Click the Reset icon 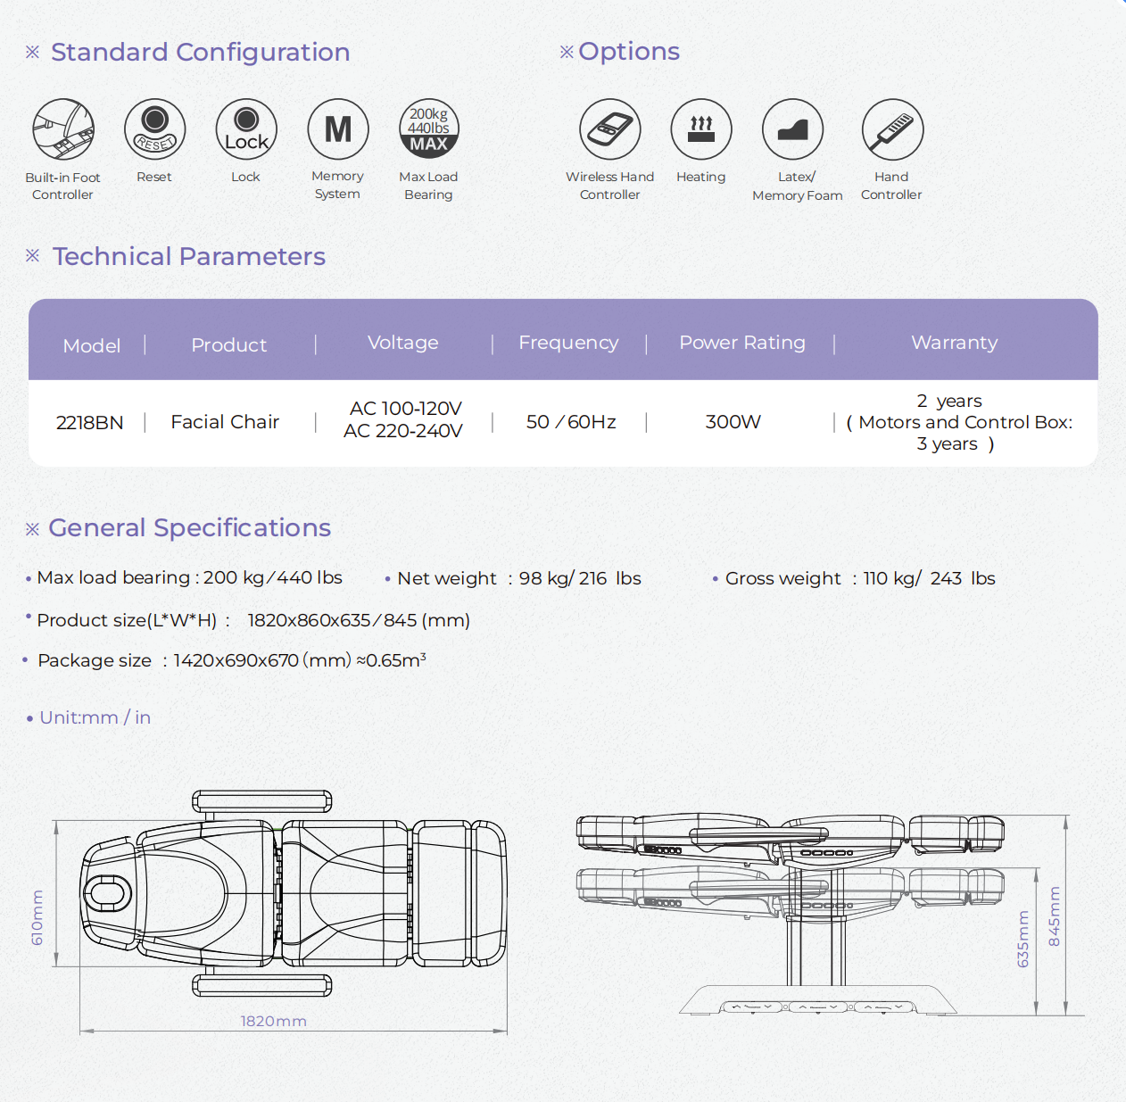pyautogui.click(x=154, y=129)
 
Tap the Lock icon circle pyautogui.click(x=246, y=129)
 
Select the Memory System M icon pyautogui.click(x=337, y=129)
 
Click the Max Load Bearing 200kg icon pyautogui.click(x=428, y=129)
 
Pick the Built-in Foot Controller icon pyautogui.click(x=63, y=129)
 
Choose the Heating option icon pyautogui.click(x=701, y=129)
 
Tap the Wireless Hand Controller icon pyautogui.click(x=609, y=129)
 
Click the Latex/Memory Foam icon pyautogui.click(x=792, y=129)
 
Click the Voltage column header pyautogui.click(x=403, y=343)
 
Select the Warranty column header pyautogui.click(x=954, y=343)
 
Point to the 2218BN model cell pyautogui.click(x=90, y=423)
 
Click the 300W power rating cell pyautogui.click(x=733, y=422)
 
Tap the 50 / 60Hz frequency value pyautogui.click(x=571, y=422)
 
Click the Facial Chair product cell pyautogui.click(x=225, y=422)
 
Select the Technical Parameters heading pyautogui.click(x=189, y=257)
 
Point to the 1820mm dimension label pyautogui.click(x=273, y=1021)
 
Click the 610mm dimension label pyautogui.click(x=37, y=917)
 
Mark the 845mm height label pyautogui.click(x=1055, y=916)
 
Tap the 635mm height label pyautogui.click(x=1023, y=939)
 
